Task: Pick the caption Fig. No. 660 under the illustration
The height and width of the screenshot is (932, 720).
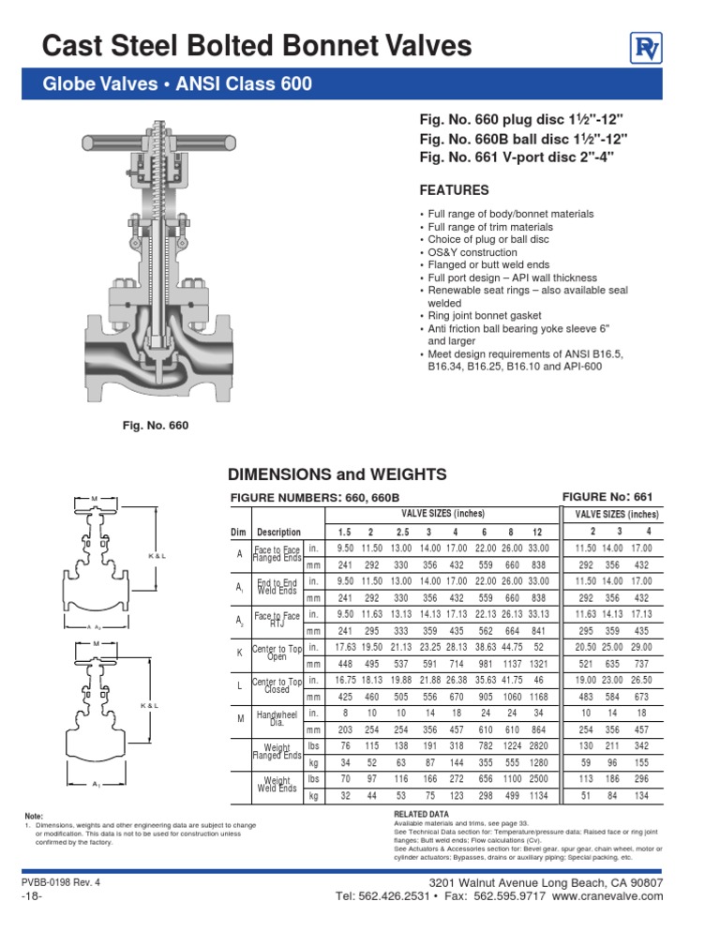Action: point(156,426)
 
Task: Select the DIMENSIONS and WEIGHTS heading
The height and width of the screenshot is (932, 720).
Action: point(330,474)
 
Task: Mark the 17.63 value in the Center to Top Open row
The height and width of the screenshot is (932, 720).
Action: point(345,649)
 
